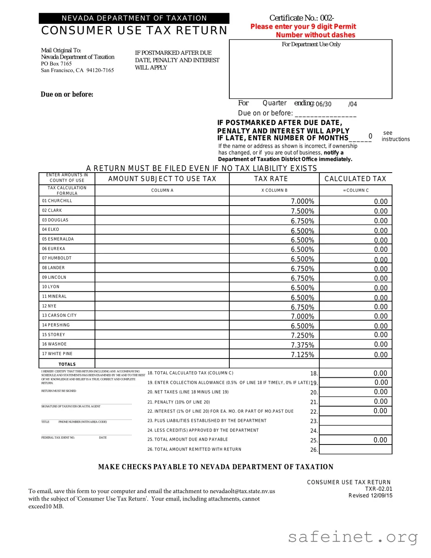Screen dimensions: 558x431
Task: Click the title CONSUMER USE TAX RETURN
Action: coord(134,31)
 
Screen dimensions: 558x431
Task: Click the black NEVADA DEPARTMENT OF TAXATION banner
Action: coord(134,18)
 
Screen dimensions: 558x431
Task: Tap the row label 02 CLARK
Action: coord(52,211)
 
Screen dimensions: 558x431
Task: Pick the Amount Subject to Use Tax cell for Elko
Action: coord(162,230)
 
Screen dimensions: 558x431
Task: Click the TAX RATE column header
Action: coord(271,179)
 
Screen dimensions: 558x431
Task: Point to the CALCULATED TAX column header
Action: coord(355,179)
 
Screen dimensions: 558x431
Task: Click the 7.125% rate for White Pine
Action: coord(302,355)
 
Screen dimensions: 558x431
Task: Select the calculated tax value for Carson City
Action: coord(380,316)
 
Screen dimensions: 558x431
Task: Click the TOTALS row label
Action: coord(67,364)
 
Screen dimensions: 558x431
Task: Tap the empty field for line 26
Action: coord(355,449)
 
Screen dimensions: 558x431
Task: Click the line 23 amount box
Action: coord(355,421)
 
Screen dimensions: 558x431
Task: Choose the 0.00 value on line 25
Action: coord(380,440)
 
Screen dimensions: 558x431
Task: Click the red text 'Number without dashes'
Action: coord(315,35)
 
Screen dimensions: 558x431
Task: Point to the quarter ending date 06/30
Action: coord(323,104)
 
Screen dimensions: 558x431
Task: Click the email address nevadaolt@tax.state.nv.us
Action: coord(242,491)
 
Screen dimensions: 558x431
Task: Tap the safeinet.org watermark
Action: coord(352,537)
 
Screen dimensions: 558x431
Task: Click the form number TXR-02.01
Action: coord(378,489)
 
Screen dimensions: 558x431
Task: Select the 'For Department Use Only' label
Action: coord(311,44)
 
